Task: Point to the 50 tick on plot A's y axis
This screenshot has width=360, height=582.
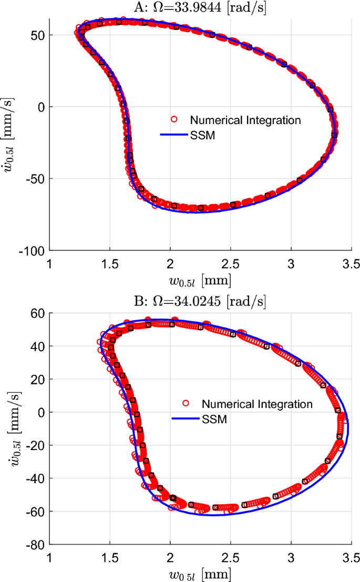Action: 39,35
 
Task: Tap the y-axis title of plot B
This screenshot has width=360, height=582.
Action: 11,428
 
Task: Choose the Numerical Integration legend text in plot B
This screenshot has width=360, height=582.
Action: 257,404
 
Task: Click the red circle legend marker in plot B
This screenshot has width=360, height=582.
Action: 186,404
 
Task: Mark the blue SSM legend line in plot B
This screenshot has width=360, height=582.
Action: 185,418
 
